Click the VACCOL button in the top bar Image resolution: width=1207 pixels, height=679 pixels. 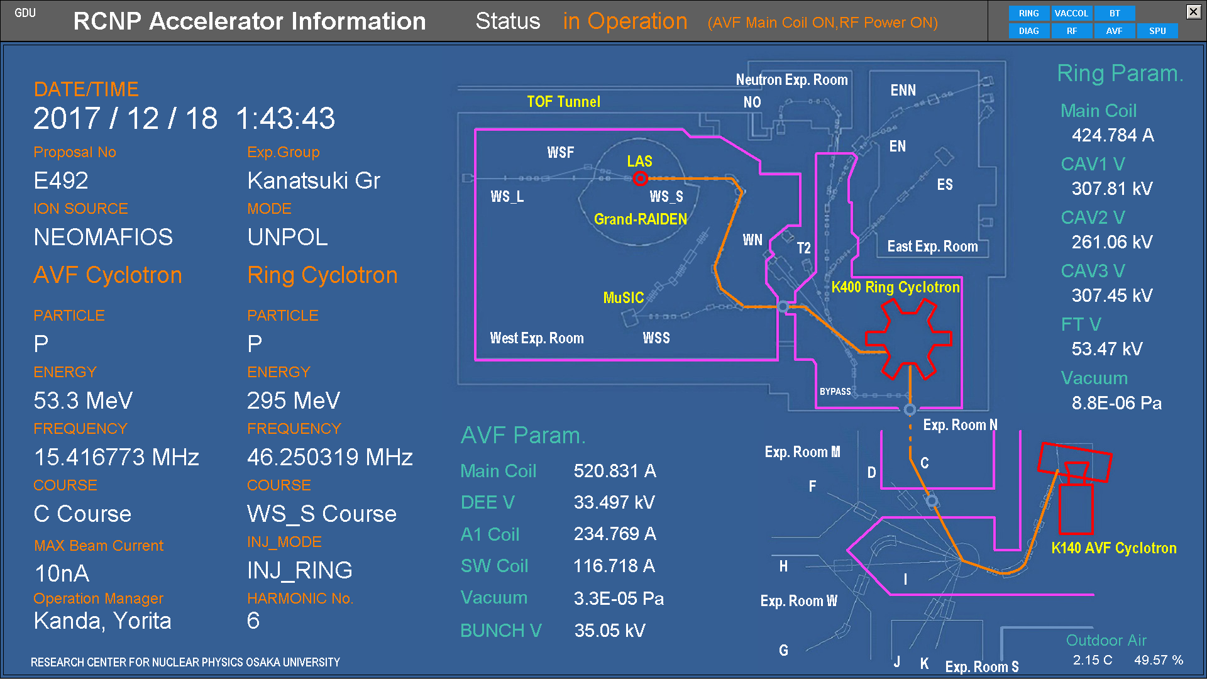[x=1071, y=13]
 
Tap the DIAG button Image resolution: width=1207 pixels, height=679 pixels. [x=1028, y=31]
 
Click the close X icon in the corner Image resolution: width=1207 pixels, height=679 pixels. [x=1193, y=11]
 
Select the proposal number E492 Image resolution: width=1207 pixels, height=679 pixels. [x=61, y=181]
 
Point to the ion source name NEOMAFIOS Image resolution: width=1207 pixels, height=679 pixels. [x=103, y=238]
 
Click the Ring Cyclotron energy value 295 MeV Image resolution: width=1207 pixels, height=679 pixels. [x=293, y=400]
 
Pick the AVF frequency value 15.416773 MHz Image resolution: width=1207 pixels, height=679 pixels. [x=116, y=457]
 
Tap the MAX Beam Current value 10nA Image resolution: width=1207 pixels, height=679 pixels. [x=62, y=573]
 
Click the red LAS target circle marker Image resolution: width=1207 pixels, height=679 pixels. [x=640, y=179]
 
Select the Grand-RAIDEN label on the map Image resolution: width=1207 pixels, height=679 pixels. [x=640, y=219]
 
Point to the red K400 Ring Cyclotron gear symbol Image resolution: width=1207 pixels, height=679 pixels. [x=908, y=339]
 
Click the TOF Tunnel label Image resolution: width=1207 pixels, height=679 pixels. [x=563, y=102]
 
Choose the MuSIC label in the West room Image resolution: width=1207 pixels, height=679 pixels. [x=623, y=298]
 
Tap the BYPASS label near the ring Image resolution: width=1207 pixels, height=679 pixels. [x=835, y=392]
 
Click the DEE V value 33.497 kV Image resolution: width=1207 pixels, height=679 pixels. [x=614, y=502]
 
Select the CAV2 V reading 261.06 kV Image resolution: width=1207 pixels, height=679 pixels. [x=1111, y=242]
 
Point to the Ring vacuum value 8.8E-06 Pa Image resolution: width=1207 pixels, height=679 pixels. [x=1116, y=403]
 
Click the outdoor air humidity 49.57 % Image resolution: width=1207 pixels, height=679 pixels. [x=1158, y=660]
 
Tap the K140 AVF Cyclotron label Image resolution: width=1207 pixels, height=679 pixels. [x=1113, y=548]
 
